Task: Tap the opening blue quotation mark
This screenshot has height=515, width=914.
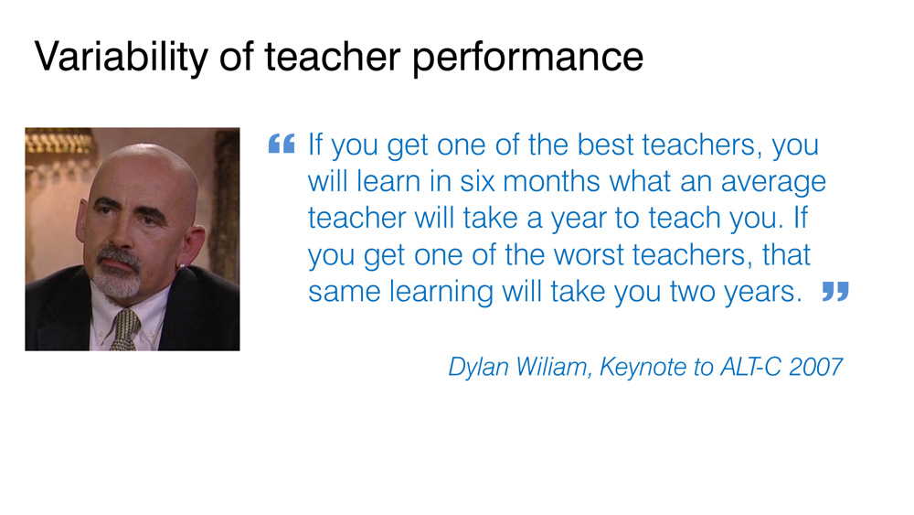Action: (x=282, y=144)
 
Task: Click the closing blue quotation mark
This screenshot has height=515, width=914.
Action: (x=835, y=291)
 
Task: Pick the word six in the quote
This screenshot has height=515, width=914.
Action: (x=481, y=181)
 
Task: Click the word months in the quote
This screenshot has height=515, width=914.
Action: (x=551, y=181)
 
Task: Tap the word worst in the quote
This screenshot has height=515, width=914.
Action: (x=588, y=255)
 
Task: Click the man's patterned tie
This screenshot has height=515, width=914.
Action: (x=125, y=329)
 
